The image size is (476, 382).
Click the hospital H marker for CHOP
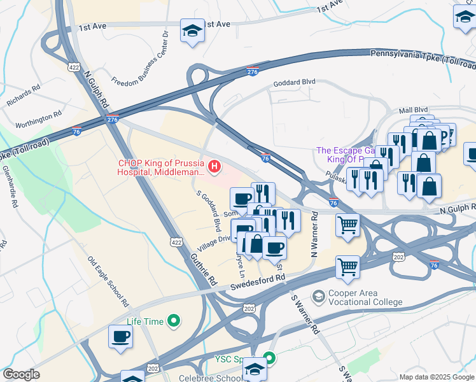(x=215, y=167)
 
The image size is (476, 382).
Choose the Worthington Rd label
(x=38, y=116)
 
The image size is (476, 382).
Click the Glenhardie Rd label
(x=11, y=188)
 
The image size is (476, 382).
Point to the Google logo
(x=21, y=374)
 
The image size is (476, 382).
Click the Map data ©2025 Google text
(x=437, y=377)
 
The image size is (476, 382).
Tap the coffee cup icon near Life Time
(x=120, y=337)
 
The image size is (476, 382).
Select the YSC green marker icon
(x=270, y=358)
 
